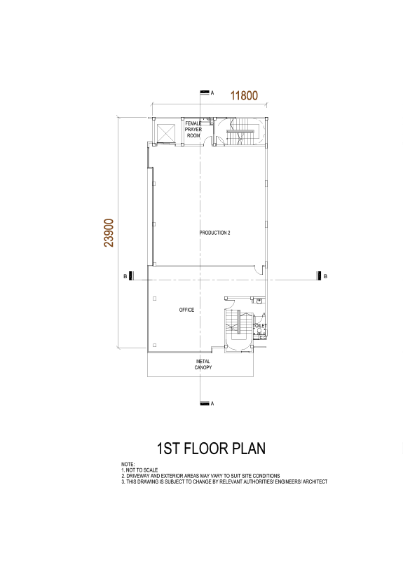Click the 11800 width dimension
(244, 95)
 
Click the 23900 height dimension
(109, 233)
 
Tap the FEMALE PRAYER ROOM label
(193, 129)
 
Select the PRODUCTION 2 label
(214, 233)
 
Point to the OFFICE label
(186, 310)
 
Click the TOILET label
(260, 325)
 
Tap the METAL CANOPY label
(203, 364)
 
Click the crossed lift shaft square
(166, 133)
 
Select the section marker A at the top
(207, 93)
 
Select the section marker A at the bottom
(207, 404)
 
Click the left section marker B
(128, 276)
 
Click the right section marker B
(322, 276)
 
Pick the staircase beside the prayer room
(240, 132)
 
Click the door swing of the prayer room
(208, 140)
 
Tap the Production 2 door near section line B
(259, 270)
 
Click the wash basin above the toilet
(259, 301)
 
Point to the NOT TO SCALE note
(142, 470)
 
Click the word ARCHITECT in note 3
(315, 481)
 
